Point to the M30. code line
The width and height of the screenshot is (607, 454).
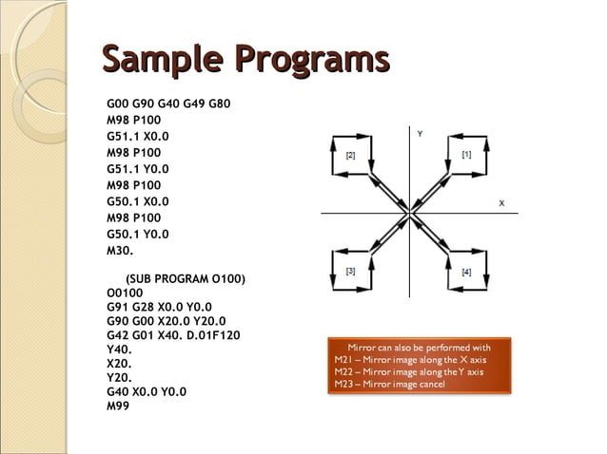(x=121, y=250)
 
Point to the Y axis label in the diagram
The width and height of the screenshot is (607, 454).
(x=420, y=134)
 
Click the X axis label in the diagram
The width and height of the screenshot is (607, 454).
(x=501, y=203)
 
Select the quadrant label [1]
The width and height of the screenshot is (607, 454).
(x=466, y=154)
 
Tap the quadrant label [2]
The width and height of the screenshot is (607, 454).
(x=351, y=155)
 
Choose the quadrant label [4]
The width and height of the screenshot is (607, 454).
(x=466, y=273)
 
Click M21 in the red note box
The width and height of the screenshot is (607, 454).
(x=344, y=360)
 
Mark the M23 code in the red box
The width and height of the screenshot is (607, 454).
(x=344, y=383)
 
